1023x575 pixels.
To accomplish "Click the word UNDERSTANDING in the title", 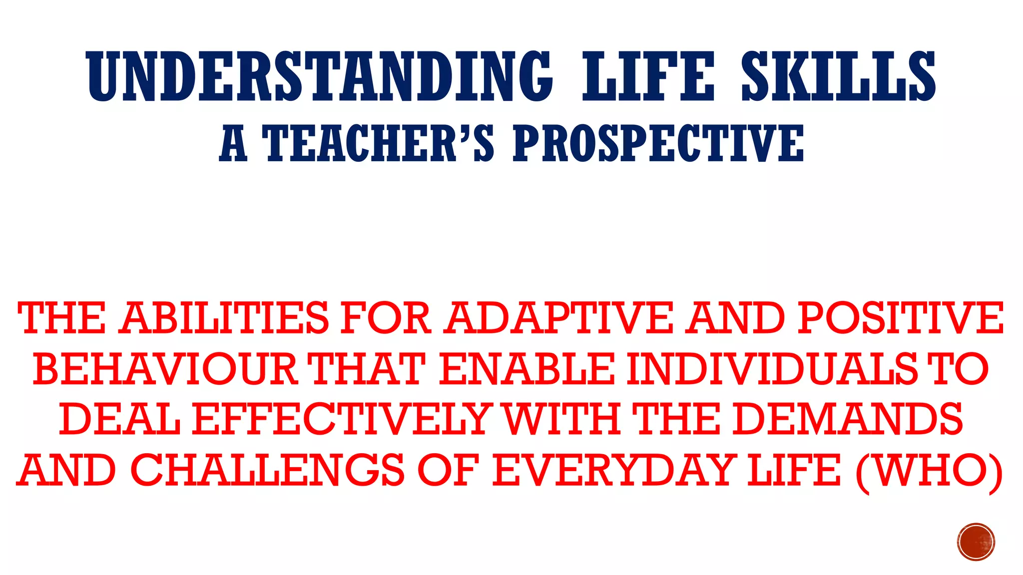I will pyautogui.click(x=320, y=76).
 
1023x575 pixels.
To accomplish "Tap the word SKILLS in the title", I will pyautogui.click(x=839, y=76).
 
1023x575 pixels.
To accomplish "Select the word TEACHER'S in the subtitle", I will pyautogui.click(x=378, y=144).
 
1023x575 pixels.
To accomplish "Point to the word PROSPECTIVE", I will pyautogui.click(x=658, y=144).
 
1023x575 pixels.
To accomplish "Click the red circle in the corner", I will pyautogui.click(x=976, y=542).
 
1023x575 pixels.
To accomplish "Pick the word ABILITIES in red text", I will pyautogui.click(x=226, y=318).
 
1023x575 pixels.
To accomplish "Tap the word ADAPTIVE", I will pyautogui.click(x=559, y=318).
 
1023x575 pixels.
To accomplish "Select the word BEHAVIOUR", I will pyautogui.click(x=165, y=369).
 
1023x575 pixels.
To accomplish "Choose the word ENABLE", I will pyautogui.click(x=527, y=369).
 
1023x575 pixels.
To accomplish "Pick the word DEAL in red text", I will pyautogui.click(x=120, y=419).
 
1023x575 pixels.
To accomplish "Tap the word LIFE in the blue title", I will pyautogui.click(x=648, y=76).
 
